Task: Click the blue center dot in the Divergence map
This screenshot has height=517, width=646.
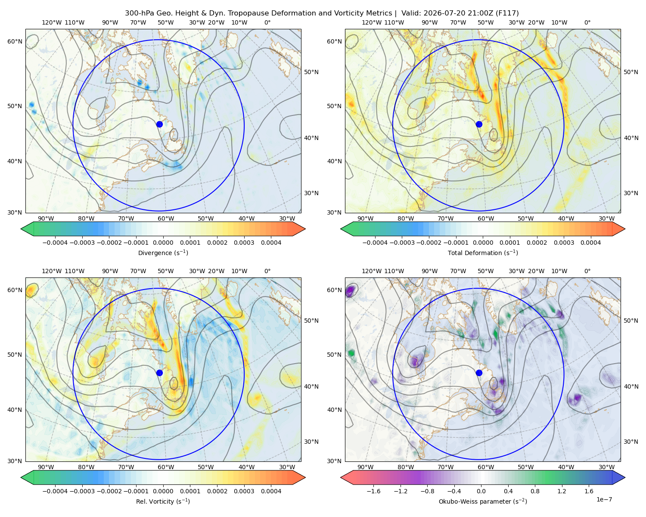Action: [x=159, y=124]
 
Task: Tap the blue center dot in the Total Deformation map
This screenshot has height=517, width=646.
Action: [x=479, y=124]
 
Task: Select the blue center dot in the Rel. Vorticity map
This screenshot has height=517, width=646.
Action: [x=159, y=373]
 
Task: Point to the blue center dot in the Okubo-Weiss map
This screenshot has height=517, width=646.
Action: [x=479, y=373]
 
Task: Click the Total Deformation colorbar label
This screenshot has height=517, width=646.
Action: [x=483, y=253]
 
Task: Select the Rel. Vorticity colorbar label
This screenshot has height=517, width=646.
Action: [x=163, y=501]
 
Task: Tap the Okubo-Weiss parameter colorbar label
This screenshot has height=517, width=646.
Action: [x=483, y=501]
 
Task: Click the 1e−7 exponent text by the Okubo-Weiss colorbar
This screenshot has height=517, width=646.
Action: [x=604, y=499]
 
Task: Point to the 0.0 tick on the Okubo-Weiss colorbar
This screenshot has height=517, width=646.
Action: [x=481, y=491]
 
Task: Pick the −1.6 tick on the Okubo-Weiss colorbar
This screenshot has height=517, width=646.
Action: [x=373, y=491]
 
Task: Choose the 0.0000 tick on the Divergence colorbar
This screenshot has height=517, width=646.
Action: [x=163, y=243]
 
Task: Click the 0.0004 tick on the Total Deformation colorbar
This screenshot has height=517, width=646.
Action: [x=591, y=243]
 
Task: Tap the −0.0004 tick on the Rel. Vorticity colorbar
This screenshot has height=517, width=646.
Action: [x=55, y=491]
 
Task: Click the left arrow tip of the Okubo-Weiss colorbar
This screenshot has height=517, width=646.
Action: [x=341, y=477]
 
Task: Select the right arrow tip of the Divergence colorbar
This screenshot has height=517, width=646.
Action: [x=305, y=229]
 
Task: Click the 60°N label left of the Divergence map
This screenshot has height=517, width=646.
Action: [x=15, y=41]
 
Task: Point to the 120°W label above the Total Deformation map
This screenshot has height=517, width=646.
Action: [x=371, y=22]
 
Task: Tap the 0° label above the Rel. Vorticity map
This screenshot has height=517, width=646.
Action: [x=267, y=271]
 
